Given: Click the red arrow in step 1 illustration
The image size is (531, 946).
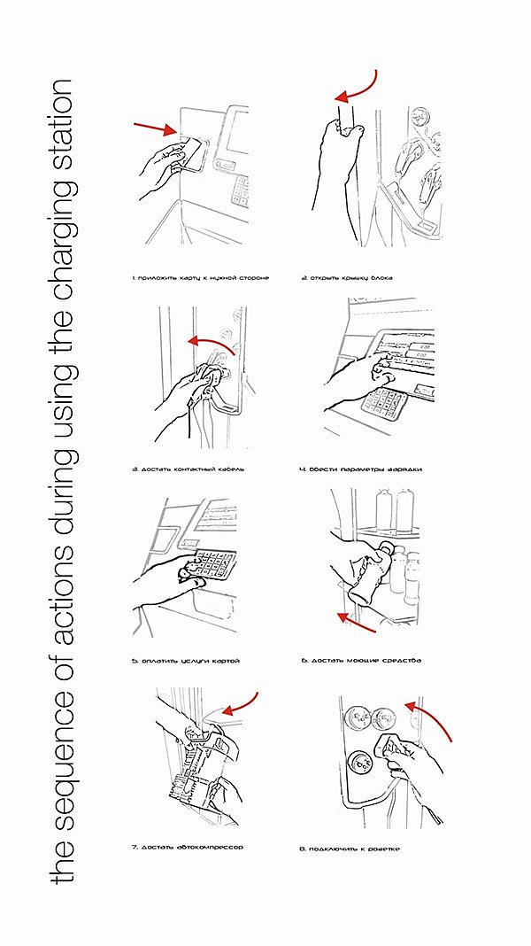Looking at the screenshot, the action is [156, 128].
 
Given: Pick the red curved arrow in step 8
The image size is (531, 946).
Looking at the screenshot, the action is [434, 717].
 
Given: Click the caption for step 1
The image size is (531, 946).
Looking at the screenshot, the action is [200, 278].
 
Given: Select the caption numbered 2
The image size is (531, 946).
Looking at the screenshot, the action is [347, 278].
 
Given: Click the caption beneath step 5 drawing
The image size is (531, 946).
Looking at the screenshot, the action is [186, 661].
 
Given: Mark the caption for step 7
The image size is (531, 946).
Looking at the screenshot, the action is [187, 847].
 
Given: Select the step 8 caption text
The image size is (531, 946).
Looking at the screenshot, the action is [350, 849].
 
